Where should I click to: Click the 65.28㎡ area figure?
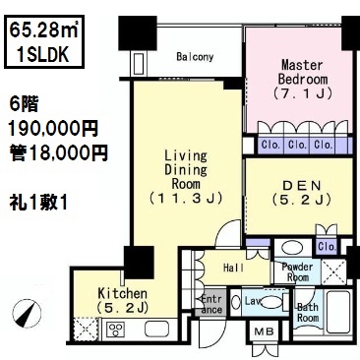(43, 30)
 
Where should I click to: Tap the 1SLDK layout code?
(43, 54)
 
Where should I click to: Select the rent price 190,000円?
(53, 129)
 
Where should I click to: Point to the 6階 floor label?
(24, 105)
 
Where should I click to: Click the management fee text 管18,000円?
(58, 153)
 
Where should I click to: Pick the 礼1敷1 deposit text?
(38, 203)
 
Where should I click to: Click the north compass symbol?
(27, 313)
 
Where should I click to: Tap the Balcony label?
(195, 57)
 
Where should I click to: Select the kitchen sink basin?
(156, 329)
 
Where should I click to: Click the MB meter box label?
(264, 331)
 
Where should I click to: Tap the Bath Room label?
(308, 313)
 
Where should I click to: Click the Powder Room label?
(297, 271)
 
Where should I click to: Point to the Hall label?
(233, 268)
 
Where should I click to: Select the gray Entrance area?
(210, 304)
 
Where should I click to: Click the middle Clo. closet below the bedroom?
(296, 145)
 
